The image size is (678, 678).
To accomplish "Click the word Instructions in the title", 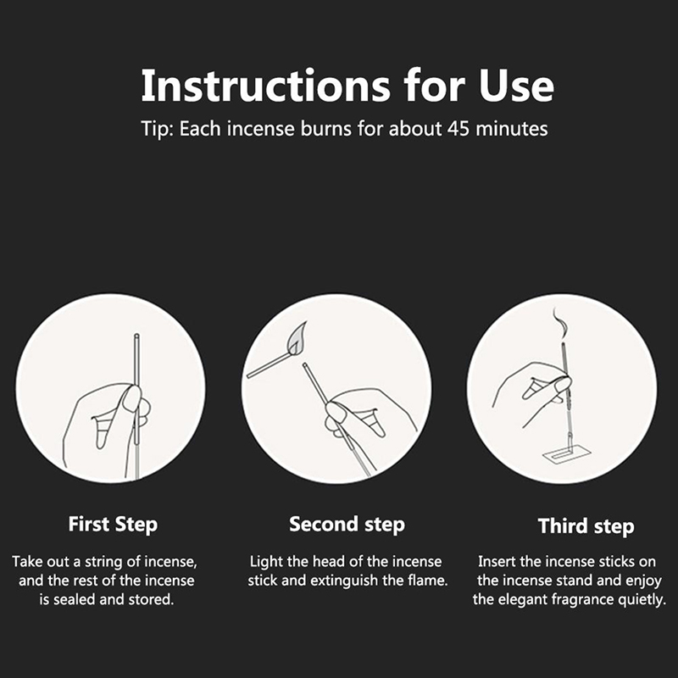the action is click(x=265, y=86).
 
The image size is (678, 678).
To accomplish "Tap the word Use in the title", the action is click(x=516, y=86).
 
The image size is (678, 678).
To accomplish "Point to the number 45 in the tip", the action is click(x=458, y=129).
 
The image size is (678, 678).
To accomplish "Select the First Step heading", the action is click(x=113, y=525).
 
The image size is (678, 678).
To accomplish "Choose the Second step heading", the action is click(x=347, y=525).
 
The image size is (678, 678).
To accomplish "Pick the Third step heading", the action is click(x=586, y=526).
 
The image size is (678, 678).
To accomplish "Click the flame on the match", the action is click(x=298, y=337).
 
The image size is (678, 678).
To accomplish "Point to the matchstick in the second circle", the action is click(x=270, y=365).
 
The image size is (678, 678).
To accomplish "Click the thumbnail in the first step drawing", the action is click(x=131, y=399).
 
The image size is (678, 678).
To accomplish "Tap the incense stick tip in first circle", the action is click(x=136, y=336).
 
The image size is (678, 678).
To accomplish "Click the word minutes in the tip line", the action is click(x=512, y=129).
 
